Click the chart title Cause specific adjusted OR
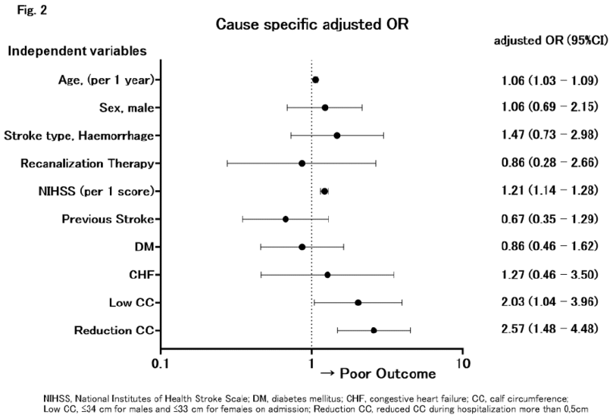tap(312, 24)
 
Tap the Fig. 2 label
tap(32, 10)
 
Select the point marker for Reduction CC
tap(374, 330)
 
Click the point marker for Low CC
tap(358, 303)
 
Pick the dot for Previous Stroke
tap(286, 219)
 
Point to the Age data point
tap(315, 80)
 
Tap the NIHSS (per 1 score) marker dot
tap(324, 192)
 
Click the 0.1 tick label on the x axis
tap(161, 363)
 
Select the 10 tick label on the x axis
tap(463, 363)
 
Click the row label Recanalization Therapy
tap(87, 164)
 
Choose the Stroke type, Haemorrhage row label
tap(79, 136)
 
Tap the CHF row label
tap(142, 275)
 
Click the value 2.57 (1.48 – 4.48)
tap(549, 329)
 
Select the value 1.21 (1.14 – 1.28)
tap(549, 191)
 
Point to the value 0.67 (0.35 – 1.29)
tap(549, 219)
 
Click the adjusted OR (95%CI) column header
tap(551, 41)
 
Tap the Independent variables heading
tap(77, 51)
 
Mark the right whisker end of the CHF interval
tap(394, 275)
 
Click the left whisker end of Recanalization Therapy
tap(227, 164)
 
